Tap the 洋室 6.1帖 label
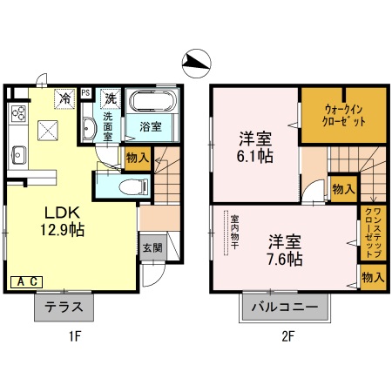pyautogui.click(x=253, y=144)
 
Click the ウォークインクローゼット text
pyautogui.click(x=331, y=117)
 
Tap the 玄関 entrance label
pyautogui.click(x=152, y=247)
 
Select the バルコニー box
pyautogui.click(x=287, y=308)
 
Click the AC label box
pyautogui.click(x=27, y=280)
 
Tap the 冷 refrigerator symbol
pyautogui.click(x=64, y=98)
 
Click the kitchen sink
pyautogui.click(x=18, y=154)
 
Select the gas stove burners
pyautogui.click(x=18, y=114)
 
